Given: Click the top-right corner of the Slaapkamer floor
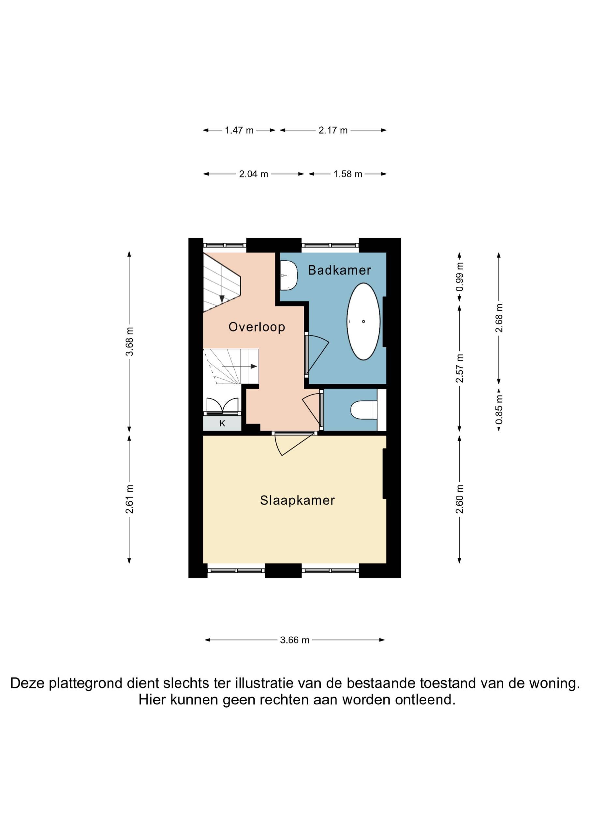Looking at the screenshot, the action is click(386, 436).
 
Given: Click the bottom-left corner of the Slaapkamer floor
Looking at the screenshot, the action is click(203, 563).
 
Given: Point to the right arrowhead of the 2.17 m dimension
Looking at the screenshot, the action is click(384, 130).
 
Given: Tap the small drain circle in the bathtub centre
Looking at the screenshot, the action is click(363, 322).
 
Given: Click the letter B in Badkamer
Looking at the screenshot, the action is click(312, 270).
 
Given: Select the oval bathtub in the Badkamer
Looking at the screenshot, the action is click(363, 322).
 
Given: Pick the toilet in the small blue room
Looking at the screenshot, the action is click(364, 410).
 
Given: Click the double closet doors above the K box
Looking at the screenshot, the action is click(222, 406).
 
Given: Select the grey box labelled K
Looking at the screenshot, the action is click(222, 423).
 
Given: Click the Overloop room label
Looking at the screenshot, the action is click(257, 327).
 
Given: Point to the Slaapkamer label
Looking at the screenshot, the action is click(297, 500).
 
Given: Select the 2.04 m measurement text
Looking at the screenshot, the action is click(253, 174).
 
